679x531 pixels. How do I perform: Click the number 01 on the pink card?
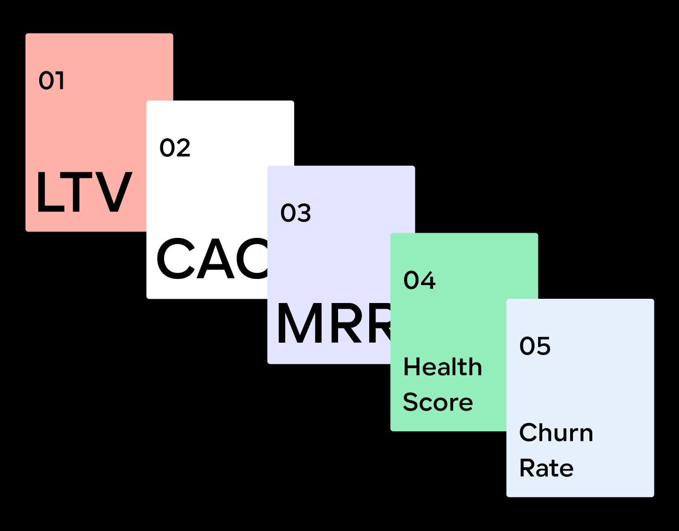click(51, 81)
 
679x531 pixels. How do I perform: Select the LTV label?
click(84, 192)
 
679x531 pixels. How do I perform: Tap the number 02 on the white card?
click(175, 148)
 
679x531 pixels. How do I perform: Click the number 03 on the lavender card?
click(296, 213)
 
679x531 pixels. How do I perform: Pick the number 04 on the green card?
click(419, 280)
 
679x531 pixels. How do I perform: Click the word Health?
click(443, 367)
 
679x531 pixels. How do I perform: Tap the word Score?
click(438, 402)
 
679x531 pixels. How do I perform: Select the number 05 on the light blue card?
click(535, 346)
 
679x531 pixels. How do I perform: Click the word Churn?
click(556, 432)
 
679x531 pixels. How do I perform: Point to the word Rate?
click(547, 468)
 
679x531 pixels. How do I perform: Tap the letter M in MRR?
click(296, 324)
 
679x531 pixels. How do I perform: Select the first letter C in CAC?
click(176, 259)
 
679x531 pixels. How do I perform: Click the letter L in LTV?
click(49, 192)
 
